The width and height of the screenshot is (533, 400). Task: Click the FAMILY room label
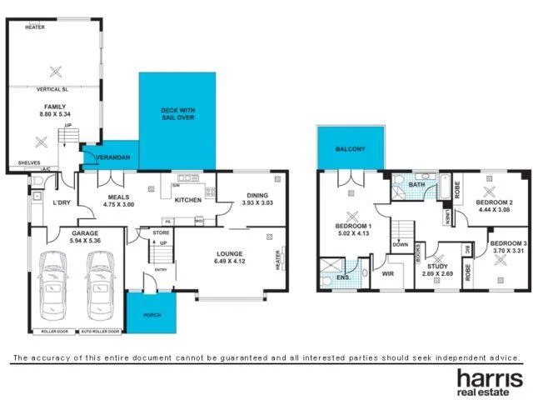pos(56,107)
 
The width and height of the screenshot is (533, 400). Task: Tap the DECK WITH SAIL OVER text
pos(177,114)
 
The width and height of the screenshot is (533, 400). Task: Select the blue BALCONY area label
pos(350,148)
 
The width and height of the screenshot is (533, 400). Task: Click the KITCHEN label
pos(187,201)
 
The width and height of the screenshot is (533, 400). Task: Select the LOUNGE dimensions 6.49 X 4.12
pos(229,260)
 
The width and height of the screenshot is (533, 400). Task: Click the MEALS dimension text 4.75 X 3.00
pos(117,203)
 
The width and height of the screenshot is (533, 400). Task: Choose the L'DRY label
pos(61,203)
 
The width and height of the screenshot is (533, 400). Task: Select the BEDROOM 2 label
pos(493,202)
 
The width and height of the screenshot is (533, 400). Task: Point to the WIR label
pos(387,272)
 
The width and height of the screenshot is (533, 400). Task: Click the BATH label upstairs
pos(417,185)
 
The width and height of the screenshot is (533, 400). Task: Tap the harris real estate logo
pos(488,382)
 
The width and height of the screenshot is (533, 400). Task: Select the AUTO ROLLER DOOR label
pos(101,331)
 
